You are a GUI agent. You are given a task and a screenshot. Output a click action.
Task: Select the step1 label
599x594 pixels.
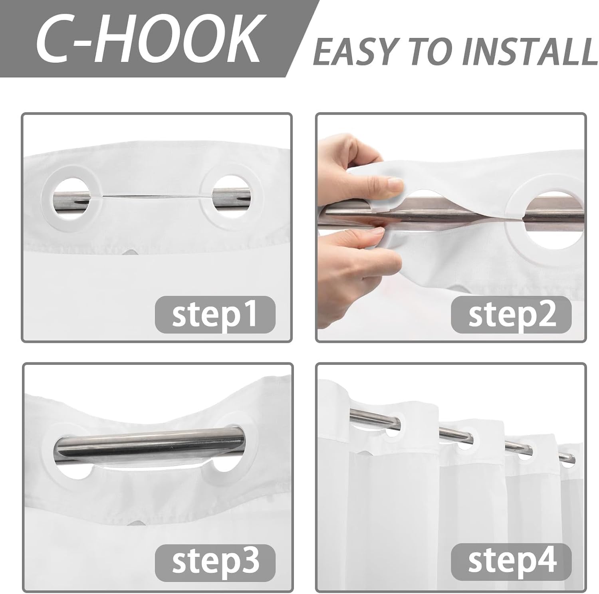point(215,315)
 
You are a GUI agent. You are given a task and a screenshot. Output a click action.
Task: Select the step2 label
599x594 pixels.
point(512,315)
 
